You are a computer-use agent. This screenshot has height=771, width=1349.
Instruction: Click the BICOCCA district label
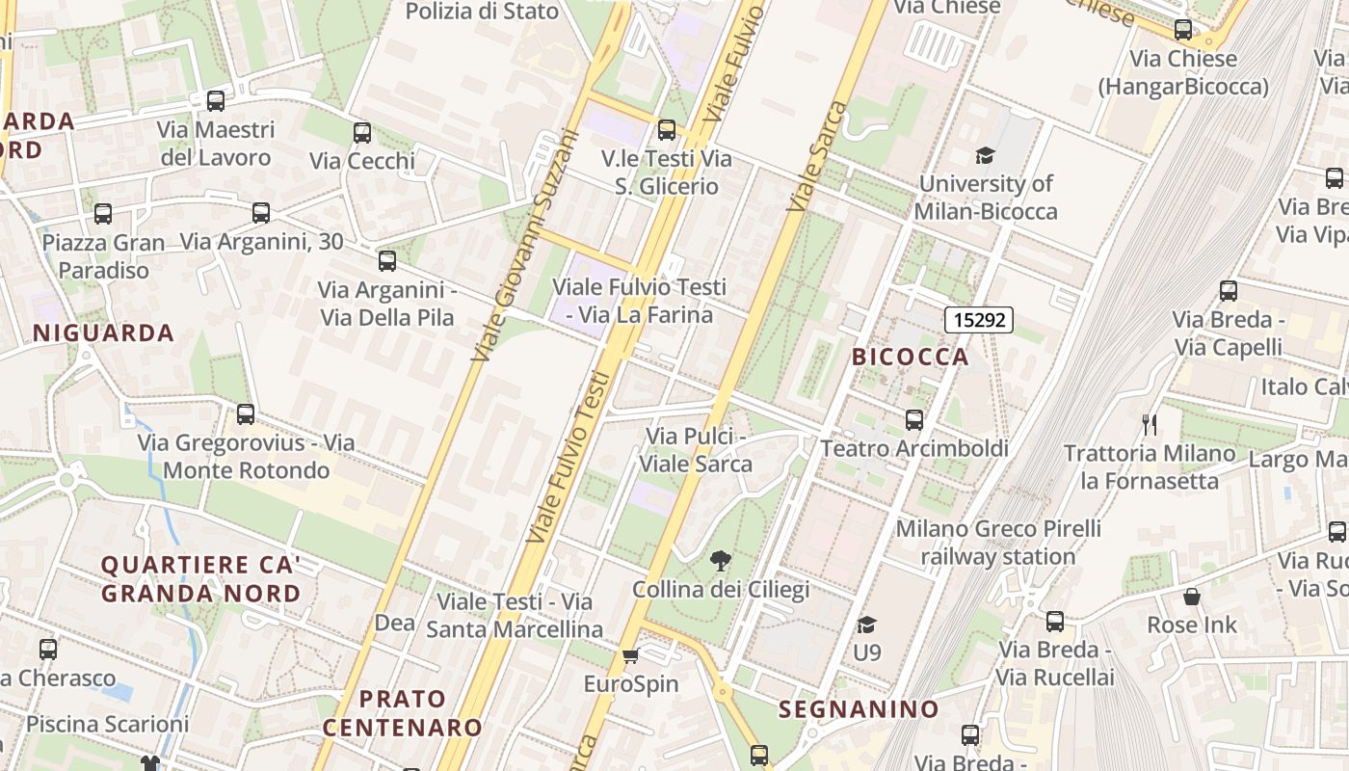pyautogui.click(x=910, y=357)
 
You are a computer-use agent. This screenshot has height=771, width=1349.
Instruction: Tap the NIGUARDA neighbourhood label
pyautogui.click(x=103, y=333)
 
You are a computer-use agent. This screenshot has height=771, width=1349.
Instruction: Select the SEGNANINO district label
pyautogui.click(x=859, y=709)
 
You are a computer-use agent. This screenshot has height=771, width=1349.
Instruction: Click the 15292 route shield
pyautogui.click(x=979, y=320)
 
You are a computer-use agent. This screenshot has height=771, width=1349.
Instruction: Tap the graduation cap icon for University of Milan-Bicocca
pyautogui.click(x=985, y=155)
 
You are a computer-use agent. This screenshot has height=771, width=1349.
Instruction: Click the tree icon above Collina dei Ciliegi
pyautogui.click(x=720, y=561)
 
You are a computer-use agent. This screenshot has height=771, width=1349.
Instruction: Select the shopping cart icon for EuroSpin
pyautogui.click(x=630, y=656)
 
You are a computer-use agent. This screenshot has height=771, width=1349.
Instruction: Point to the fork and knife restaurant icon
pyautogui.click(x=1149, y=424)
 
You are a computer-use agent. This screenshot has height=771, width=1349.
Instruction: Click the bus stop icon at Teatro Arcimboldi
pyautogui.click(x=913, y=420)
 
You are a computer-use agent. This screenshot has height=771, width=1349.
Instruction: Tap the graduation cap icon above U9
pyautogui.click(x=866, y=625)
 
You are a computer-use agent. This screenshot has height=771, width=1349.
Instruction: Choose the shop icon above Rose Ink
pyautogui.click(x=1192, y=597)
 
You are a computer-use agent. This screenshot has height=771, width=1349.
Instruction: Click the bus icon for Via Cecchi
pyautogui.click(x=361, y=133)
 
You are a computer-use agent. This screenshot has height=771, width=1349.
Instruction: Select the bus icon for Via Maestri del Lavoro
pyautogui.click(x=216, y=100)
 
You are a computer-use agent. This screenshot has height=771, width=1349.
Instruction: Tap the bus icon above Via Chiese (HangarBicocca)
pyautogui.click(x=1182, y=30)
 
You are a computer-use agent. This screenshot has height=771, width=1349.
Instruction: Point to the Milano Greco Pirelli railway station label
pyautogui.click(x=998, y=543)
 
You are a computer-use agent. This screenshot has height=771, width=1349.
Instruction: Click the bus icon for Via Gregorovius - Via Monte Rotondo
pyautogui.click(x=246, y=414)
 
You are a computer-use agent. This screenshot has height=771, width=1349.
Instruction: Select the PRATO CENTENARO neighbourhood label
pyautogui.click(x=403, y=713)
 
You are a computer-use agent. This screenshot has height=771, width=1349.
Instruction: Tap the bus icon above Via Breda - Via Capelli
pyautogui.click(x=1228, y=291)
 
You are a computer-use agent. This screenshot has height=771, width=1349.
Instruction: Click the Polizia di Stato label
pyautogui.click(x=482, y=12)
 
